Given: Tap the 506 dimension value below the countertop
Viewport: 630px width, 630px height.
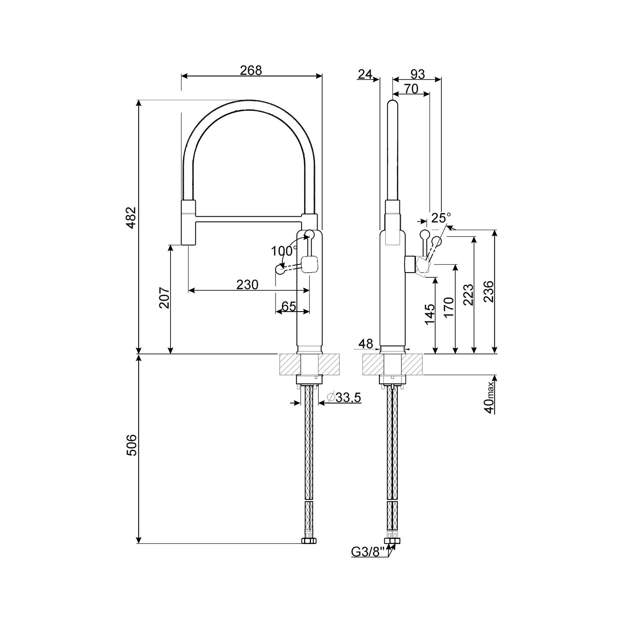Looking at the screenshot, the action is [x=131, y=445].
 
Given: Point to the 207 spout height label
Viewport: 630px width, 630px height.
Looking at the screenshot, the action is [x=164, y=298].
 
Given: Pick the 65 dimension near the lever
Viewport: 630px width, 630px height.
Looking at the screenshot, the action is [x=289, y=306].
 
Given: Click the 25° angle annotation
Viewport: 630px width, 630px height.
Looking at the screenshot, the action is [x=441, y=218].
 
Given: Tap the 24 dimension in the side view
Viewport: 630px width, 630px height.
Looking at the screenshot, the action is [x=365, y=74].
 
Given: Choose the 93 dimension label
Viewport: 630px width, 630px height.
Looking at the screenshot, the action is [x=417, y=74].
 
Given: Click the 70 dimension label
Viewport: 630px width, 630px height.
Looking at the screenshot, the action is [x=411, y=89].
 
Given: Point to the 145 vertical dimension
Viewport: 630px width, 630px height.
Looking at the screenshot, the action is [x=430, y=314].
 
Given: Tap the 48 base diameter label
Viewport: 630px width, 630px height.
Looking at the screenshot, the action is [x=366, y=344].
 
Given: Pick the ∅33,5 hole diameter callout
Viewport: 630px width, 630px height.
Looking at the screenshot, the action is [x=344, y=397].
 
